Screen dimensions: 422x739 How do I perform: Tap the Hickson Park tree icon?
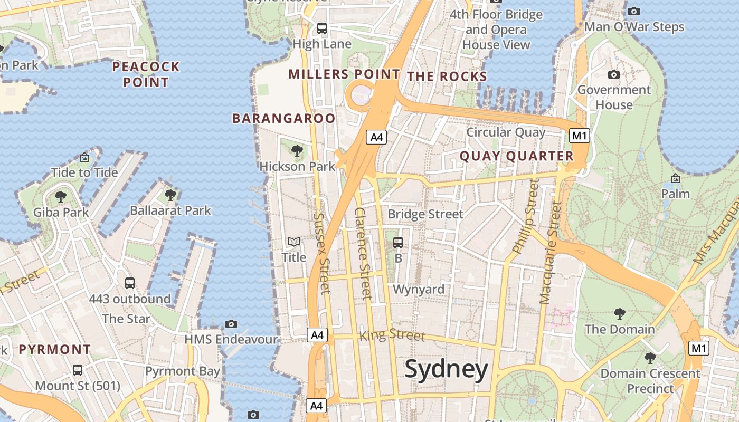click(x=297, y=151)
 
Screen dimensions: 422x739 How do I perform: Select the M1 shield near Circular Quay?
click(x=580, y=136)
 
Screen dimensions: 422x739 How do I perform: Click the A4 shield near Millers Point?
click(x=376, y=138)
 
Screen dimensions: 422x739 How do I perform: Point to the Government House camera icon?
click(x=614, y=75)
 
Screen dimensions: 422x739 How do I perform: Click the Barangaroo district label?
click(x=283, y=119)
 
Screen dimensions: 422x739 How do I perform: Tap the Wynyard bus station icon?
click(x=398, y=243)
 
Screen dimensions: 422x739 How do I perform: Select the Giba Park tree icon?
click(x=61, y=197)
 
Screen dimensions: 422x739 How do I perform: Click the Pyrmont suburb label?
click(x=55, y=349)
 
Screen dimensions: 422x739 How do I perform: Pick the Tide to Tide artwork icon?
click(x=84, y=157)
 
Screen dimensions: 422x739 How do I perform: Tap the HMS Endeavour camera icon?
click(x=231, y=324)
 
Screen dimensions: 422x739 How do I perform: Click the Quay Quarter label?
click(x=516, y=156)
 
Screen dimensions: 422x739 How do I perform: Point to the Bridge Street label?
click(x=425, y=214)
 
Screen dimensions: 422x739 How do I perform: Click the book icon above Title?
click(x=294, y=242)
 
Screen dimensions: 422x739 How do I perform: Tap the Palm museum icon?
click(x=675, y=178)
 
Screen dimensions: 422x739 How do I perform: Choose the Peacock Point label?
click(x=146, y=74)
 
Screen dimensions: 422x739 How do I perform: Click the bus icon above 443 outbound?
click(x=130, y=283)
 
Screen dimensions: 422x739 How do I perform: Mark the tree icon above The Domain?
click(x=620, y=314)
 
